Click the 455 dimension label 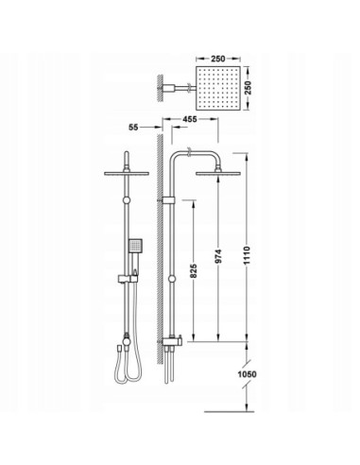[190, 119]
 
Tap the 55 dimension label [133, 128]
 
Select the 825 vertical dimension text [194, 270]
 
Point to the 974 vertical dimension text [218, 256]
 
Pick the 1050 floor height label [247, 374]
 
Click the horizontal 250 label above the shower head [218, 59]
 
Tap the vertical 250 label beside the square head [249, 88]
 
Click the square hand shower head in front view [135, 245]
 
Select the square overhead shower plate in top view [218, 88]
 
